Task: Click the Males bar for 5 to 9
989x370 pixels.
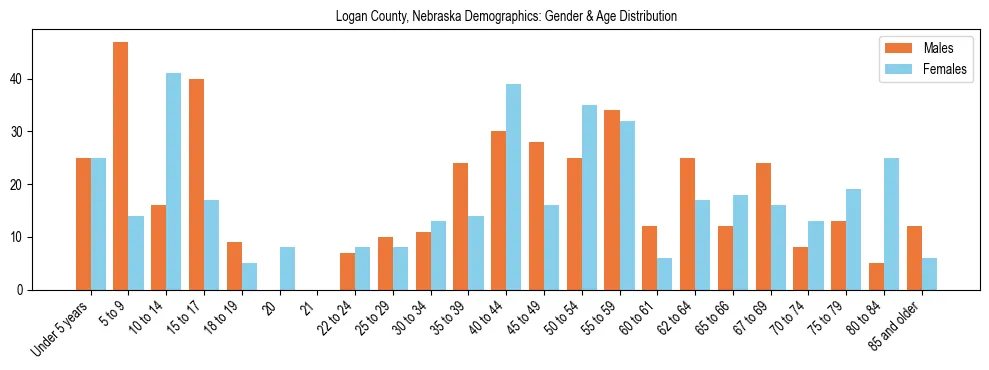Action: point(120,166)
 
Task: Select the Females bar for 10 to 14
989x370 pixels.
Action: point(173,182)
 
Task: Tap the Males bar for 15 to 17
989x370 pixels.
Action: point(196,185)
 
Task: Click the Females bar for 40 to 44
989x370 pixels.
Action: point(513,187)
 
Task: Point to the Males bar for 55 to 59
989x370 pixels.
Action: point(612,200)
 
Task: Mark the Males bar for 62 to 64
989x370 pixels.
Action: point(687,224)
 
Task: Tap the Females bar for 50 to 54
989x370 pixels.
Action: point(589,198)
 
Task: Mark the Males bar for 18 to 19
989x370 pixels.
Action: point(234,266)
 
